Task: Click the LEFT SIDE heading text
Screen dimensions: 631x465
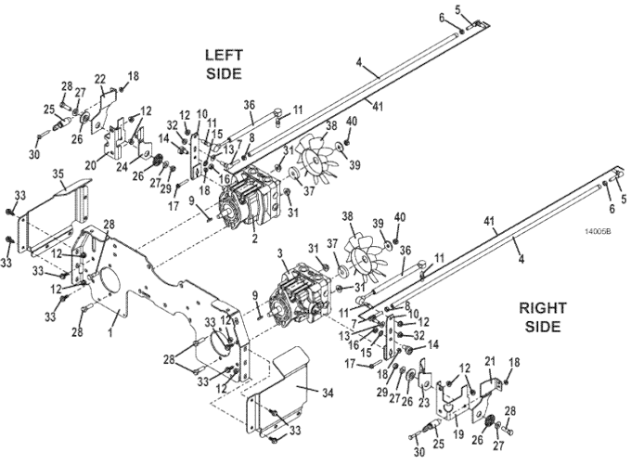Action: click(x=225, y=64)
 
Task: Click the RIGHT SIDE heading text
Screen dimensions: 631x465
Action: click(x=543, y=316)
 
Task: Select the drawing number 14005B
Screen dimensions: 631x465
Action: click(x=598, y=231)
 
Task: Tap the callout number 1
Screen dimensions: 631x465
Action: click(x=110, y=332)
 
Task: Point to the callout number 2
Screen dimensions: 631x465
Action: click(x=254, y=239)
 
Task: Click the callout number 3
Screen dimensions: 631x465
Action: click(x=280, y=254)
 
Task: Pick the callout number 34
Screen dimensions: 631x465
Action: click(x=328, y=393)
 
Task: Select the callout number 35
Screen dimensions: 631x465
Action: click(x=58, y=174)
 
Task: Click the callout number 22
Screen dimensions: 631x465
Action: click(x=100, y=79)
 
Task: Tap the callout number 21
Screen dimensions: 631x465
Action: click(x=489, y=362)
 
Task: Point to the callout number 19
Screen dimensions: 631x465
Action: click(x=458, y=434)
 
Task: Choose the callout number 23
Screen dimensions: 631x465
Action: click(x=425, y=403)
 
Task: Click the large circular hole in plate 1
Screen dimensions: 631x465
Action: click(x=108, y=282)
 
